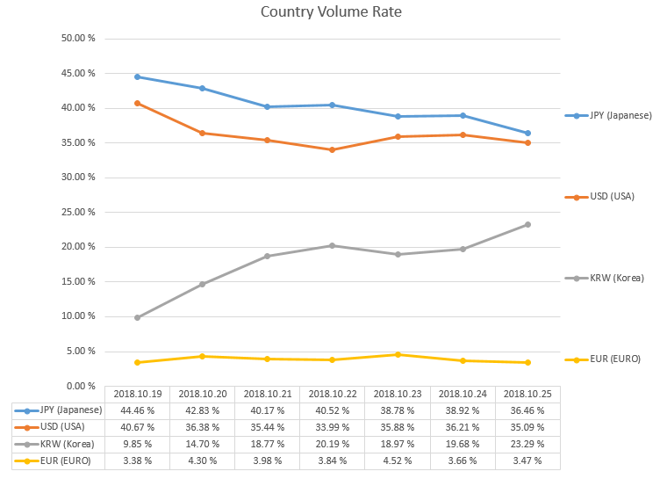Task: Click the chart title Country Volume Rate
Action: click(x=331, y=13)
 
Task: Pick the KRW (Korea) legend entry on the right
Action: click(x=605, y=278)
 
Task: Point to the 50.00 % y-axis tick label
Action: click(x=78, y=39)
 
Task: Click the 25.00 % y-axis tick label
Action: click(x=78, y=212)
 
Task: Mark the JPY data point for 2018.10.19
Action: click(x=137, y=77)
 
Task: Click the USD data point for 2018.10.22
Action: click(x=332, y=149)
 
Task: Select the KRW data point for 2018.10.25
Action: click(x=527, y=224)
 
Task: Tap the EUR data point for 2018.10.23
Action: click(x=397, y=354)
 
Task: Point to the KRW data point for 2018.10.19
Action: click(x=137, y=317)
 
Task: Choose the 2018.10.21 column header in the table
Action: click(x=267, y=394)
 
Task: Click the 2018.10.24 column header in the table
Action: click(x=463, y=394)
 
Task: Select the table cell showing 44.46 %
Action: click(x=137, y=410)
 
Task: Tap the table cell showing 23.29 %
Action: click(x=527, y=444)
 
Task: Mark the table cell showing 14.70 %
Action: click(x=202, y=444)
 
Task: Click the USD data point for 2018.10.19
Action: click(x=137, y=103)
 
